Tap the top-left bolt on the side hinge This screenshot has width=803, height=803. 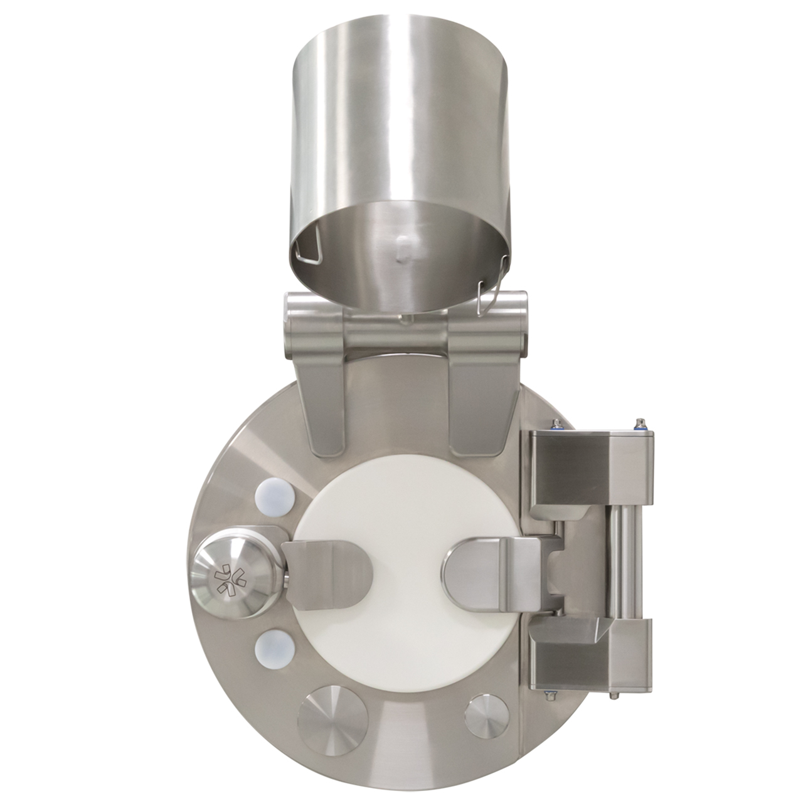[x=555, y=423]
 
